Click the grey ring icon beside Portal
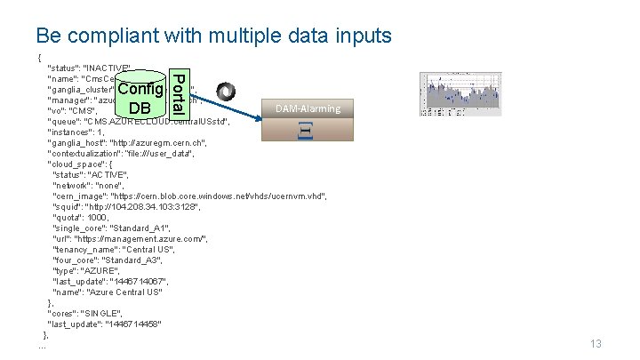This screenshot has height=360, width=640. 228,92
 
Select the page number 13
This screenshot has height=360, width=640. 596,344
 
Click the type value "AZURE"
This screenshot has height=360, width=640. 102,270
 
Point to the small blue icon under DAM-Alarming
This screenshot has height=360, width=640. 303,131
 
